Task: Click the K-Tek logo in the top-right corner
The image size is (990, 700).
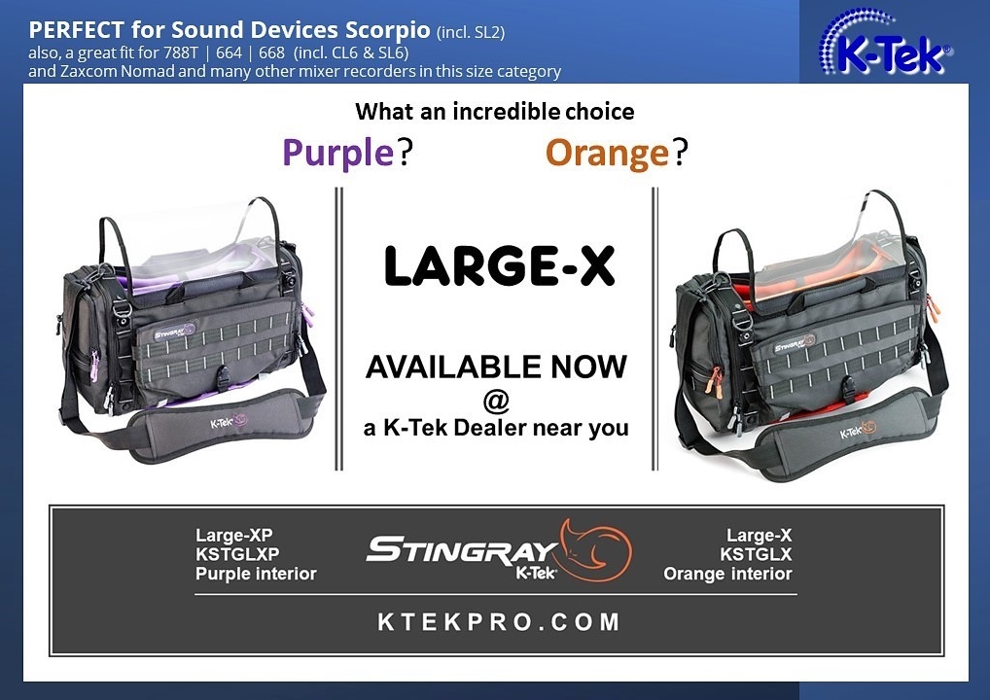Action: click(x=886, y=44)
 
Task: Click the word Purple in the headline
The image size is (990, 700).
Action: click(x=337, y=153)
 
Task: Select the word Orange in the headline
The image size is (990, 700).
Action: click(x=607, y=153)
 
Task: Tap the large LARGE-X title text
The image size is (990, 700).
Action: click(x=500, y=266)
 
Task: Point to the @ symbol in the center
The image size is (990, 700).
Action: click(x=496, y=400)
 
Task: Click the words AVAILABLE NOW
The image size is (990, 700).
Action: click(x=496, y=367)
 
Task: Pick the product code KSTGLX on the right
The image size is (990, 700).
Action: click(x=756, y=554)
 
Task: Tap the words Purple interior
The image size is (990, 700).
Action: click(x=256, y=574)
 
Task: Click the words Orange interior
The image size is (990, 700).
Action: click(x=727, y=574)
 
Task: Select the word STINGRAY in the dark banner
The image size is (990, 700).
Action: click(x=462, y=549)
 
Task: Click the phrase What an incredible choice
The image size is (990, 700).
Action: click(x=495, y=112)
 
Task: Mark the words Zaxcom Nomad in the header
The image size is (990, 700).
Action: click(x=108, y=71)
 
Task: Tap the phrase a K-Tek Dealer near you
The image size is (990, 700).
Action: click(x=496, y=428)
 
